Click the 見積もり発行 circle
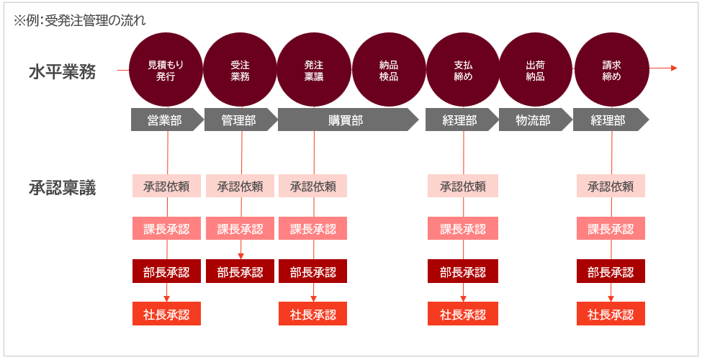coord(166,70)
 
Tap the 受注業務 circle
coord(240,70)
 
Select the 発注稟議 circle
coord(314,70)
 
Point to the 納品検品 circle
coord(389,70)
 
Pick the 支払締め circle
coord(463,70)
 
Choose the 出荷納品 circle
coord(536,70)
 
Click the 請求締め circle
coord(611,70)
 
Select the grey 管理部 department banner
coord(241,120)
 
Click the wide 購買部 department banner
coord(348,120)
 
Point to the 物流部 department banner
coord(536,120)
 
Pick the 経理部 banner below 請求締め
coord(611,120)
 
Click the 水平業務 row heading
coord(62,72)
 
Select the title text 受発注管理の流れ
coord(95,21)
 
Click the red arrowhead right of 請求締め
coord(674,68)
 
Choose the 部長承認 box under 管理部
coord(240,271)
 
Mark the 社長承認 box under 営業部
coord(166,314)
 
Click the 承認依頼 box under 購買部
coord(313,186)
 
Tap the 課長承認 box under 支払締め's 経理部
coord(463,228)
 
